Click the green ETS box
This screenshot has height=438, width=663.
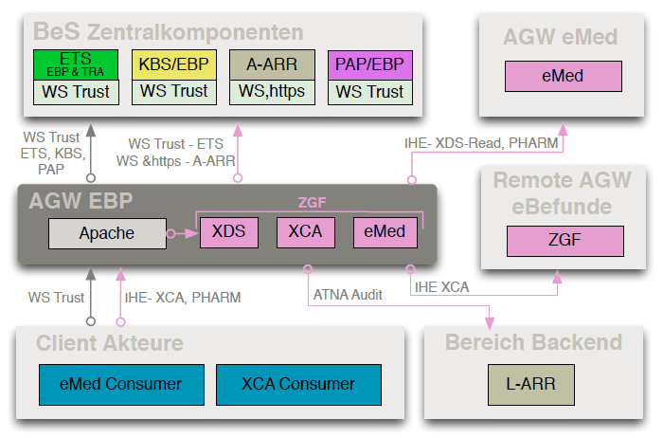pos(76,64)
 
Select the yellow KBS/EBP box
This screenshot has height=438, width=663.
pos(173,64)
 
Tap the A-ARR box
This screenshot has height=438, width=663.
pos(272,64)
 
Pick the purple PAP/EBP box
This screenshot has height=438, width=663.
pos(369,64)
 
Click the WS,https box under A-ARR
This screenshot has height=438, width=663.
pos(272,92)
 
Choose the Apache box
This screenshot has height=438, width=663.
pos(106,232)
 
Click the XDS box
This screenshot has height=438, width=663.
pos(228,232)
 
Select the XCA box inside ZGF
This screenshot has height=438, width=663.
pos(304,232)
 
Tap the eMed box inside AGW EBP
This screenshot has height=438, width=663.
pos(384,232)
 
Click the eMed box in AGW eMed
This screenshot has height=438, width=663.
pos(563,76)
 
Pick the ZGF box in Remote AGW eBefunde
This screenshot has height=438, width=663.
pos(564,241)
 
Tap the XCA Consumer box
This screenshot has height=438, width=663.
pos(298,384)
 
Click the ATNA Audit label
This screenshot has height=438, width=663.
pos(347,295)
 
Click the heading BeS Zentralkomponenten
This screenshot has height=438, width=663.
pos(169,31)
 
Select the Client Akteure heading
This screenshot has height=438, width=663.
pos(110,342)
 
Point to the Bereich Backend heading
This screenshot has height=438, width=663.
pos(534,342)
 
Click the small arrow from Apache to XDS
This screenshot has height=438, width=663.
pos(179,232)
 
